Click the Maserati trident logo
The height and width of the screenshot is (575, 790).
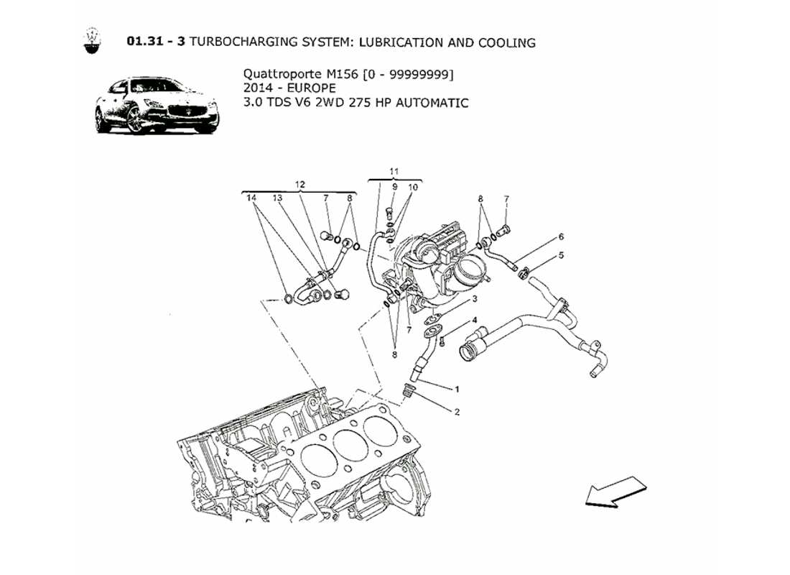tap(90, 42)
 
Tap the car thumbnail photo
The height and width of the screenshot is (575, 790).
tap(157, 105)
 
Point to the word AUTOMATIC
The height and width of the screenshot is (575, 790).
tap(432, 103)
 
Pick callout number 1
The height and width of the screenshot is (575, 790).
tap(457, 389)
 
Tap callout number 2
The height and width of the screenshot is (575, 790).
tap(457, 412)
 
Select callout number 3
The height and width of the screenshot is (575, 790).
tap(474, 298)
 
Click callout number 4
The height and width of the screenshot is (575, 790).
tap(474, 321)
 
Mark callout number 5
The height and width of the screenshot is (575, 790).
tap(561, 255)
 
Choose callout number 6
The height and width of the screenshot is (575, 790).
tap(561, 236)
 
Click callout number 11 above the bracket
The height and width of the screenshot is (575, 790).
tap(394, 171)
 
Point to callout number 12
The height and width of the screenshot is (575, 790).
tap(299, 185)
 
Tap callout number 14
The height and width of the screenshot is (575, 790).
tap(250, 198)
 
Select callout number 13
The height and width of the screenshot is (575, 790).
tap(276, 198)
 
